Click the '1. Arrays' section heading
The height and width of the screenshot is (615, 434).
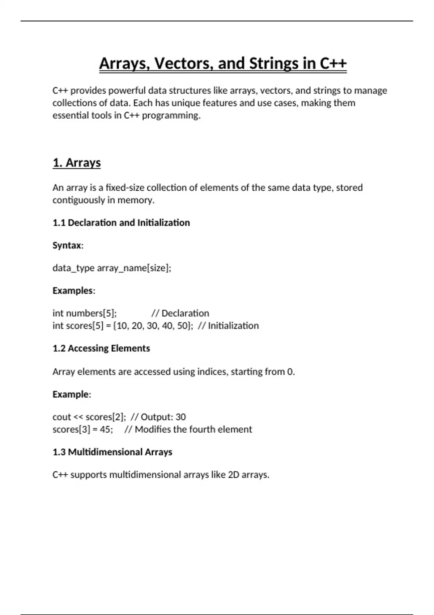pyautogui.click(x=77, y=163)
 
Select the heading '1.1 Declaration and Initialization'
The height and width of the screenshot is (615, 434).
pyautogui.click(x=121, y=222)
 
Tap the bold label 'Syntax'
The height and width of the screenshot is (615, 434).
pyautogui.click(x=67, y=245)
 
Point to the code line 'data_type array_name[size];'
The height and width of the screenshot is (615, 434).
pyautogui.click(x=112, y=268)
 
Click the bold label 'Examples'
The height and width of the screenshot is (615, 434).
pyautogui.click(x=73, y=290)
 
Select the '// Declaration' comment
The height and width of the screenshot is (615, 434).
pyautogui.click(x=180, y=313)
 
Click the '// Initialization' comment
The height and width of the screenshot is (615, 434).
pyautogui.click(x=228, y=326)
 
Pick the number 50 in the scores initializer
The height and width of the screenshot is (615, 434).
pyautogui.click(x=182, y=326)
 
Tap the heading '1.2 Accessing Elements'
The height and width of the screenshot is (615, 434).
pyautogui.click(x=101, y=348)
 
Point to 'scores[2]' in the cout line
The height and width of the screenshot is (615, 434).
pyautogui.click(x=105, y=417)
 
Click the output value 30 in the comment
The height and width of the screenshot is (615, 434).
pyautogui.click(x=180, y=417)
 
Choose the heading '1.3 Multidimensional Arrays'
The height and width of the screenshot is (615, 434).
pyautogui.click(x=112, y=452)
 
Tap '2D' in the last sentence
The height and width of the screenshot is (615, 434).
pyautogui.click(x=234, y=475)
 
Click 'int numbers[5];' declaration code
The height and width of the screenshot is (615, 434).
pyautogui.click(x=85, y=313)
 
